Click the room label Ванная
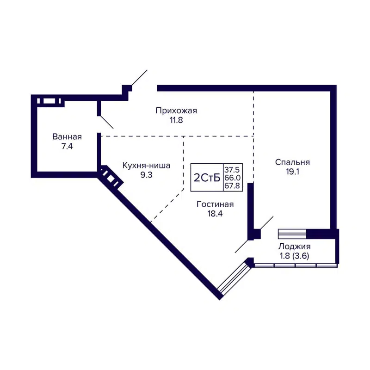pyautogui.click(x=67, y=137)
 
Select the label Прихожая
pyautogui.click(x=176, y=111)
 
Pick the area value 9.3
pyautogui.click(x=146, y=175)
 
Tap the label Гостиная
pyautogui.click(x=215, y=204)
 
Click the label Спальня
pyautogui.click(x=292, y=162)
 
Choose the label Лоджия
pyautogui.click(x=294, y=247)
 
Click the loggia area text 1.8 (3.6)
pyautogui.click(x=294, y=255)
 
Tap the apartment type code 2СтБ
pyautogui.click(x=207, y=178)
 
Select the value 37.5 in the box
pyautogui.click(x=233, y=169)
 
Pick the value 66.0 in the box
pyautogui.click(x=233, y=178)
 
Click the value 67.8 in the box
pyautogui.click(x=233, y=186)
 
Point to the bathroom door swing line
pyautogui.click(x=107, y=122)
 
